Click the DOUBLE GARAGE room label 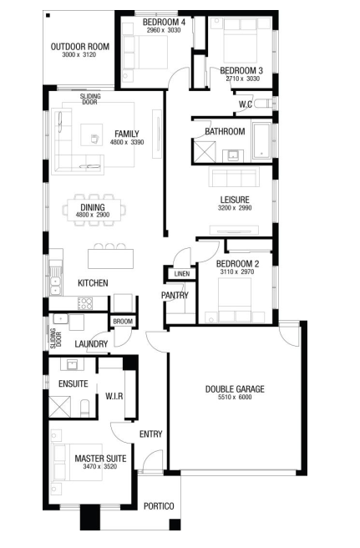pyautogui.click(x=235, y=389)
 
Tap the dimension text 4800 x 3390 pyautogui.click(x=127, y=142)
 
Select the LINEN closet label pyautogui.click(x=182, y=274)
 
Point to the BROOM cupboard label pyautogui.click(x=123, y=321)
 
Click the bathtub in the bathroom pyautogui.click(x=261, y=140)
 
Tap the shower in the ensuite pyautogui.click(x=60, y=407)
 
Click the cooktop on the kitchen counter pyautogui.click(x=85, y=304)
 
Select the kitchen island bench pyautogui.click(x=110, y=259)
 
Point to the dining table pyautogui.click(x=94, y=210)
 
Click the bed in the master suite pyautogui.click(x=77, y=462)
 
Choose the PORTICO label pyautogui.click(x=159, y=506)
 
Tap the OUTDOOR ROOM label pyautogui.click(x=80, y=47)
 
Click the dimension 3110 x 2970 pyautogui.click(x=237, y=271)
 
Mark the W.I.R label pyautogui.click(x=114, y=396)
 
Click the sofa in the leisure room pyautogui.click(x=234, y=176)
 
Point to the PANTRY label pyautogui.click(x=175, y=296)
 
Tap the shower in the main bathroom pyautogui.click(x=205, y=152)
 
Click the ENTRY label pyautogui.click(x=150, y=434)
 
